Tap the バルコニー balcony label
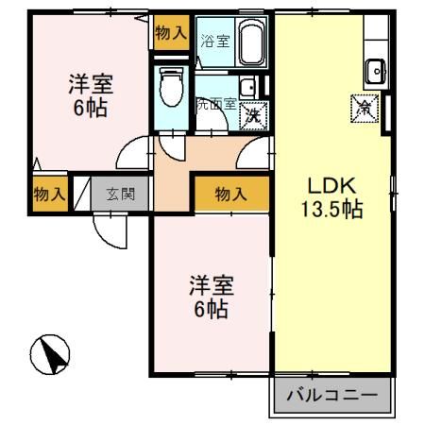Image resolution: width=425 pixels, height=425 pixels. [331, 396]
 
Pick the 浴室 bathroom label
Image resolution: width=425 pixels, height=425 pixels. [214, 42]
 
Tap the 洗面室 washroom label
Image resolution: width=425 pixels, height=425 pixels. [215, 105]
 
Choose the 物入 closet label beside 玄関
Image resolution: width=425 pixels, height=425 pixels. [49, 195]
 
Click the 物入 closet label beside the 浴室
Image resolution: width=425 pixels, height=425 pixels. [171, 32]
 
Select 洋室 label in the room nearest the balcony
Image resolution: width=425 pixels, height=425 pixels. [211, 297]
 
